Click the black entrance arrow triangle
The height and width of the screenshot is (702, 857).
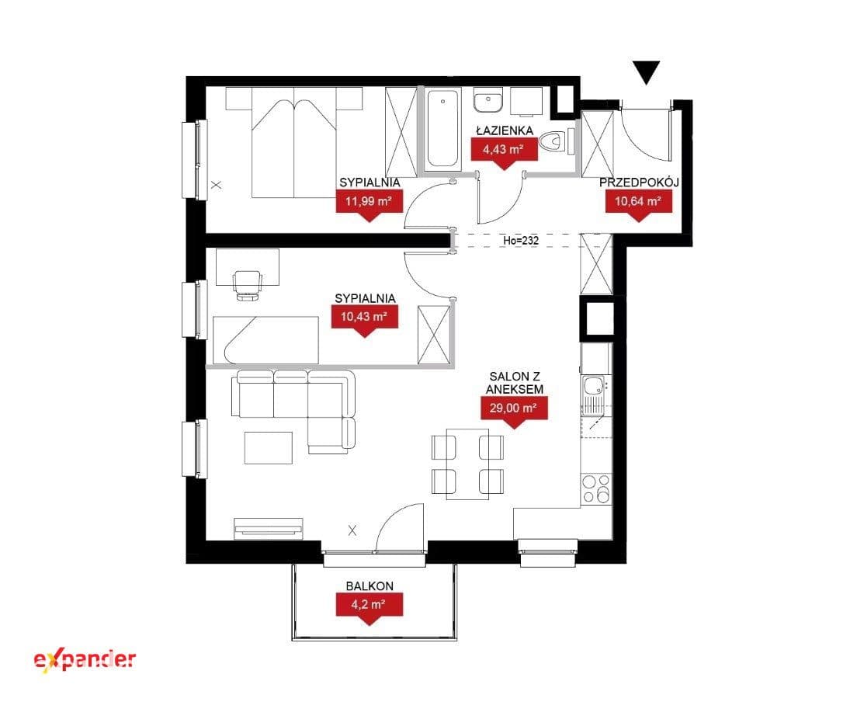pos(647,72)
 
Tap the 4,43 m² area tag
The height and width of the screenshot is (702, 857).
pos(504,151)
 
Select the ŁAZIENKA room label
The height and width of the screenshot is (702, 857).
pos(504,130)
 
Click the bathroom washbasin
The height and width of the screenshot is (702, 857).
pos(488,102)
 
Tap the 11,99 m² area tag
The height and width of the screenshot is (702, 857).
pos(369,203)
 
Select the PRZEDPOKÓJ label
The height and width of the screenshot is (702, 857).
pos(639,182)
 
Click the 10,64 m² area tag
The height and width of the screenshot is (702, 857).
pos(639,203)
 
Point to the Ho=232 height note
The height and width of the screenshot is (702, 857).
pos(521,239)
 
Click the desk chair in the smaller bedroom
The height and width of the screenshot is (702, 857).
pos(247,284)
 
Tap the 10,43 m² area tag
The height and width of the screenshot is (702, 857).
pos(365,319)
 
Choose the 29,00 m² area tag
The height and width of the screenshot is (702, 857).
pos(514,411)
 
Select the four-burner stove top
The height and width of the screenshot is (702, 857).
pos(595,488)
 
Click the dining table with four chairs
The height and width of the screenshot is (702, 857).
pos(467,464)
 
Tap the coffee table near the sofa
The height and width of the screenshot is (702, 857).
pos(269,448)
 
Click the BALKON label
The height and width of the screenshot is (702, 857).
pos(370,586)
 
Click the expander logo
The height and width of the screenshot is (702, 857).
pos(85,660)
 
